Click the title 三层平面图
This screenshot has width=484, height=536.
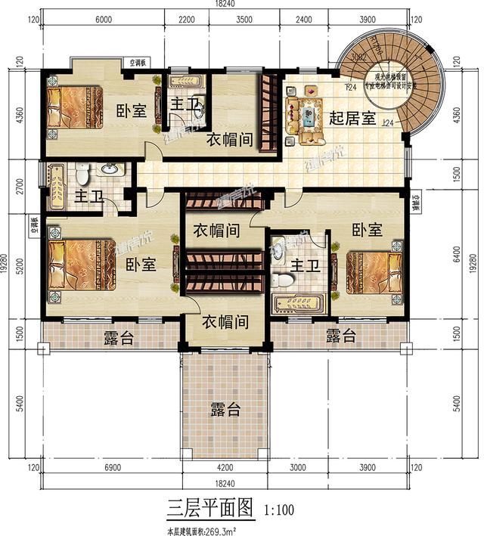[211, 506]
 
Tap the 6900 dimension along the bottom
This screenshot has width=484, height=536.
[111, 469]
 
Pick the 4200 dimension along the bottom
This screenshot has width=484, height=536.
[226, 469]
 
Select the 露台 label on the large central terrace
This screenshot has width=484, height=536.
[225, 409]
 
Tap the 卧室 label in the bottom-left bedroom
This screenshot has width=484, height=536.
[140, 265]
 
